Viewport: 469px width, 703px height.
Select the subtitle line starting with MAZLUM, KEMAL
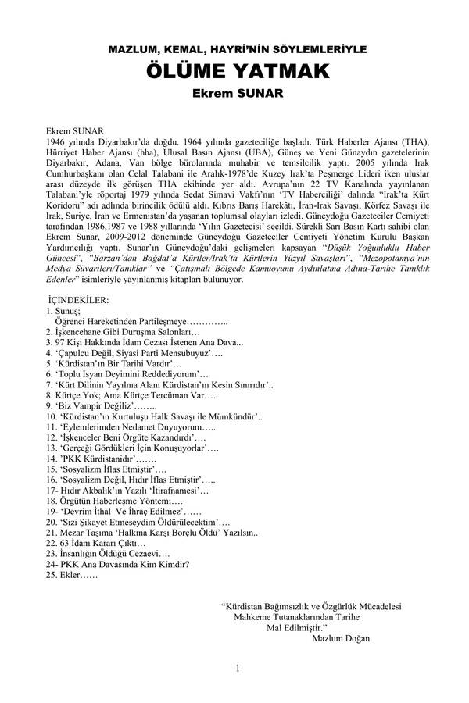tap(234, 50)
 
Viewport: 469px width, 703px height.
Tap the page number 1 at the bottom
tap(238, 668)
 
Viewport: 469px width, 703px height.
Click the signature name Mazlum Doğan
tap(340, 637)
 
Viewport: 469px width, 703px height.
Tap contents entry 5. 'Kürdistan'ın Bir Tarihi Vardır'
tap(113, 364)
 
